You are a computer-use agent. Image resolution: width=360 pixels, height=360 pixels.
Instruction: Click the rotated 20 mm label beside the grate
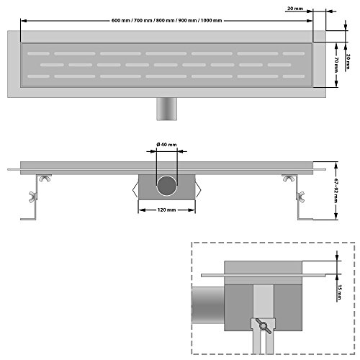tap(348, 56)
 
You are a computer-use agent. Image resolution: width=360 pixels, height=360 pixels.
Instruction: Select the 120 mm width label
tap(166, 211)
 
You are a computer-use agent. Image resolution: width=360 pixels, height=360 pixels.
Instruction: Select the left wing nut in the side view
tap(47, 179)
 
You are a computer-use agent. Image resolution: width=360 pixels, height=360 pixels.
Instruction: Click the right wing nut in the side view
tap(289, 179)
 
